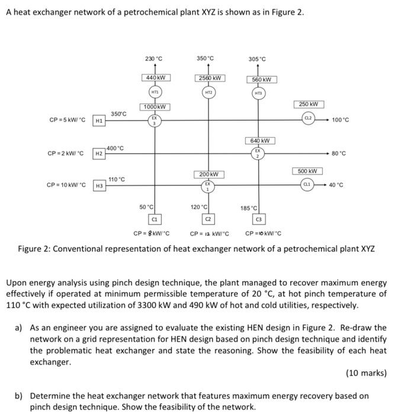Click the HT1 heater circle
click(x=155, y=92)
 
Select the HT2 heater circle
click(x=208, y=93)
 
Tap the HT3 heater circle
click(x=258, y=94)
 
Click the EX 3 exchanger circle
click(x=155, y=121)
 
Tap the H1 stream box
click(x=100, y=121)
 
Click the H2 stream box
click(x=100, y=154)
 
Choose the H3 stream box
click(x=100, y=186)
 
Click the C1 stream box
click(x=155, y=219)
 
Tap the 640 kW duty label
click(x=259, y=140)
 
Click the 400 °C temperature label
click(x=116, y=148)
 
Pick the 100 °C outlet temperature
click(x=341, y=120)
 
